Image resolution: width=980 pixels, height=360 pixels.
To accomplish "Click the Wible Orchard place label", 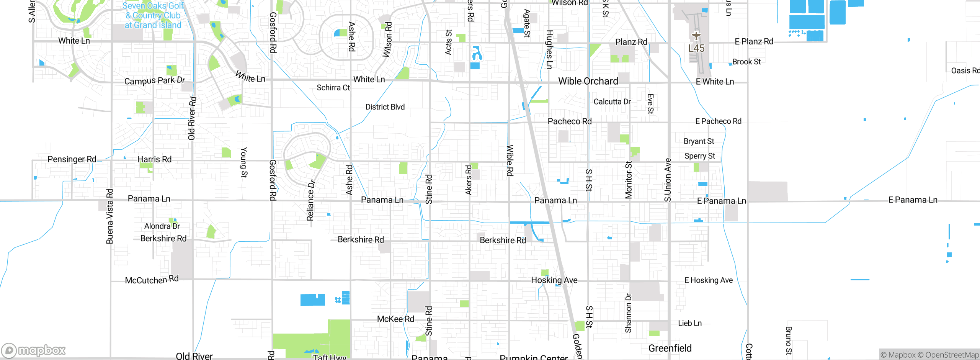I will tap(588, 81).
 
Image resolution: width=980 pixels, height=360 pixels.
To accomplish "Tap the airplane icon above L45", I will tap(696, 36).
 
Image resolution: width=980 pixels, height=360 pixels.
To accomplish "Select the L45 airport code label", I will tap(696, 48).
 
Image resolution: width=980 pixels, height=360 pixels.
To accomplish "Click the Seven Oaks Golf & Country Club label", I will tap(153, 16).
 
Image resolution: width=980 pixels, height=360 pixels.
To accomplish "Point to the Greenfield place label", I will tap(670, 348).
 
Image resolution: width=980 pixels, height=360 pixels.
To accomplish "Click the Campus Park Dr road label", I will tap(155, 80).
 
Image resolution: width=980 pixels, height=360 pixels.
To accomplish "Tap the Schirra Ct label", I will tap(333, 88).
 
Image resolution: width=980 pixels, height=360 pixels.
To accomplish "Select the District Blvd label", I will tap(385, 107).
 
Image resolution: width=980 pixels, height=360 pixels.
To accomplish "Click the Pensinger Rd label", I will tap(72, 159).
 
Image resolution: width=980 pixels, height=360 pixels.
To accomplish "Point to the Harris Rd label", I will tap(154, 159).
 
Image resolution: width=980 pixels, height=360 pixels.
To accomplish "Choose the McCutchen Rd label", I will tap(152, 280).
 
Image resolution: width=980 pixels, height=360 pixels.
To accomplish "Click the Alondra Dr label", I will tap(162, 226).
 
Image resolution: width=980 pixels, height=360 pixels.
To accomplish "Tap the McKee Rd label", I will tap(395, 319).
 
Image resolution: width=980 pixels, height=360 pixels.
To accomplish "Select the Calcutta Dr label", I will tap(612, 102).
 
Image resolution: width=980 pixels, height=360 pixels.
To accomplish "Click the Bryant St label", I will tap(699, 141).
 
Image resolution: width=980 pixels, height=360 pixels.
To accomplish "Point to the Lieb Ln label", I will tap(690, 323).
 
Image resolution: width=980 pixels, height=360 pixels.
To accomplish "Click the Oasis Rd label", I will tap(965, 71).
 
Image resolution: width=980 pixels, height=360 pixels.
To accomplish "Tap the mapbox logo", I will tap(34, 350).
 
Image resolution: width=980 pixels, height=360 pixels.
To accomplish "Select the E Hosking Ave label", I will tap(708, 280).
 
